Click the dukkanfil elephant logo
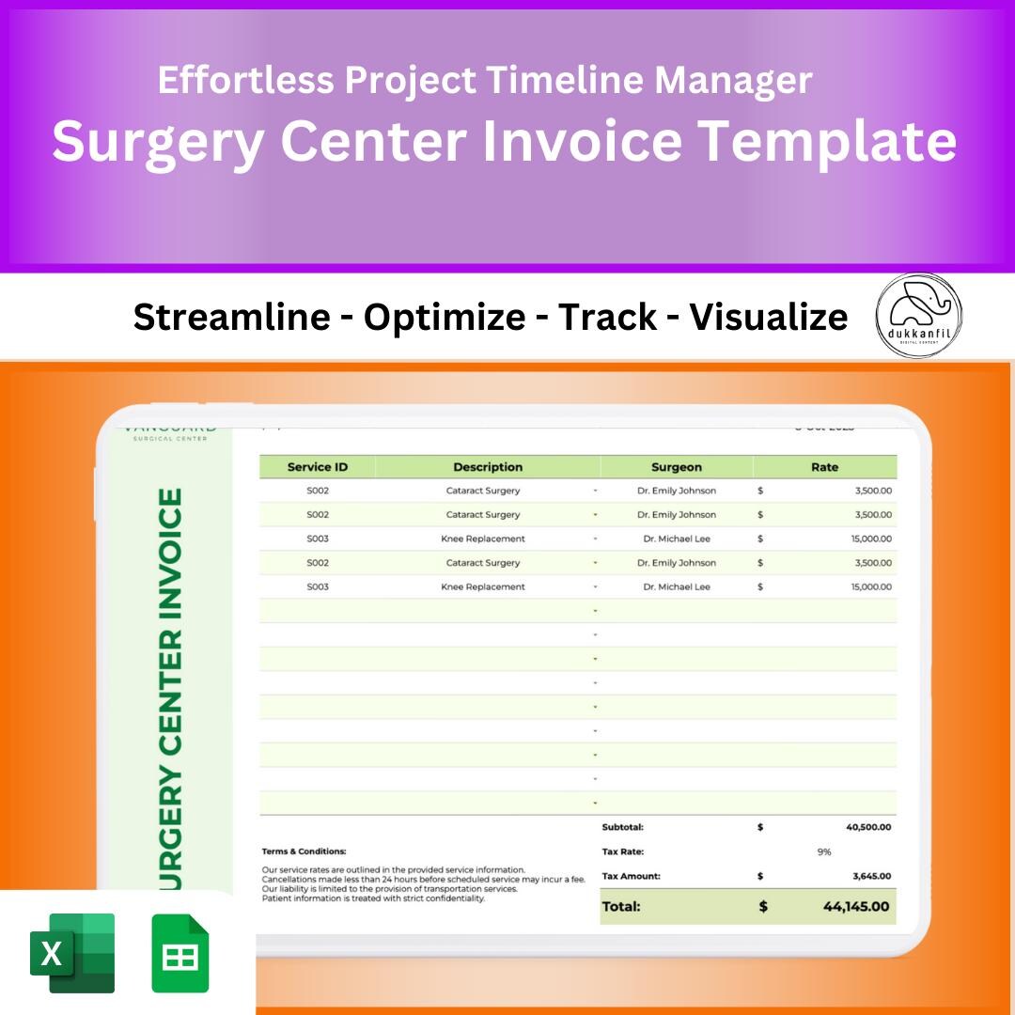point(918,316)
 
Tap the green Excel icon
point(72,953)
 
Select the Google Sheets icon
point(180,953)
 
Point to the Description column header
point(487,467)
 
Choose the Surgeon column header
point(676,467)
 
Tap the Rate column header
point(824,467)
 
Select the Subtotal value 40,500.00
point(868,827)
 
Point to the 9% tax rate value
point(824,851)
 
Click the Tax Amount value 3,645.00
point(871,876)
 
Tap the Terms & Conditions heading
point(304,851)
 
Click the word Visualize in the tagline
point(768,318)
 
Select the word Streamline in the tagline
point(231,318)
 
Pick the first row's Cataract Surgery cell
point(483,491)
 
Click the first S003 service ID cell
point(318,539)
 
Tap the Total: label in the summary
point(621,907)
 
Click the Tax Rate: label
point(623,851)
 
